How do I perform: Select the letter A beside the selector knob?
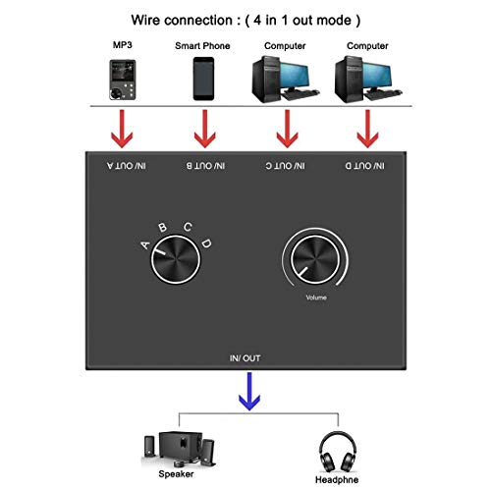click(145, 245)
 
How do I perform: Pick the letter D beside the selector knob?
click(205, 242)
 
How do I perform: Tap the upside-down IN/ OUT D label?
click(367, 167)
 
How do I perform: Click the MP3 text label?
click(122, 45)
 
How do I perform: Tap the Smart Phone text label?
click(203, 45)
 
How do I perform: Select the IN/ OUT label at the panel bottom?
click(245, 361)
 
